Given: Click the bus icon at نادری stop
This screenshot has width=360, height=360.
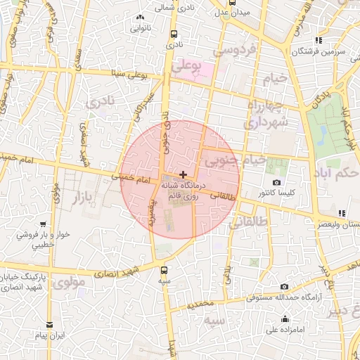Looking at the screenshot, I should tap(172, 34).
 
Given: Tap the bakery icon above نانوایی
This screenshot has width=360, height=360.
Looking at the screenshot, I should tap(140, 17).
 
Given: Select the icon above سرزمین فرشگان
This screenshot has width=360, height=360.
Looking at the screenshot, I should tap(319, 40).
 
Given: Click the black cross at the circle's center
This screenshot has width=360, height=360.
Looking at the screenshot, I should tap(183, 174).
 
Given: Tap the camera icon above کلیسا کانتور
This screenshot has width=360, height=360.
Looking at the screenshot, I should tap(277, 183).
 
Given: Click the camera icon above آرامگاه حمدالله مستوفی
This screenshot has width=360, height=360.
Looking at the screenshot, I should tap(284, 287).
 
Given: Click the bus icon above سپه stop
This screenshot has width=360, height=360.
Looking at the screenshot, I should tap(164, 270).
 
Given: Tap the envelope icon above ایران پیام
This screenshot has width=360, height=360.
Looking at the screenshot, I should tap(49, 325).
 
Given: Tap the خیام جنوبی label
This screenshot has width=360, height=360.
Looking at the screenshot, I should tap(236, 161).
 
